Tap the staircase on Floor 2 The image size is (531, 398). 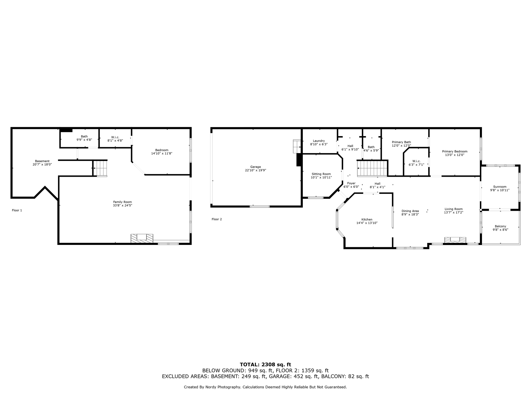pos(372,169)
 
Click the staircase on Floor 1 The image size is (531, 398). pos(100,168)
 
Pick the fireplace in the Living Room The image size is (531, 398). pos(455,240)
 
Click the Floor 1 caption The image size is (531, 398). pos(17,210)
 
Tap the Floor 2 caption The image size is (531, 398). pos(217,219)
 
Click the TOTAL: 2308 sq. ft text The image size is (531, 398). pos(265,364)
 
